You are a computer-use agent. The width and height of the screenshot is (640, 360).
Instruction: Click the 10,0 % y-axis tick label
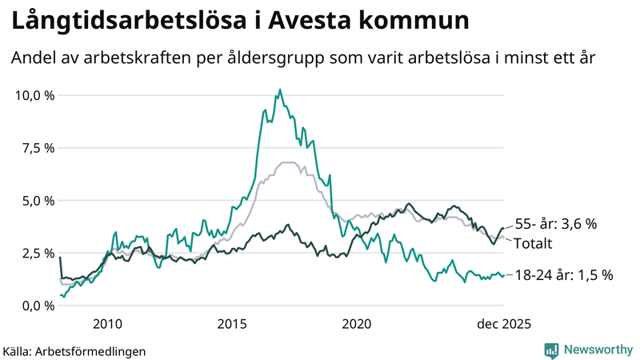[x=34, y=95]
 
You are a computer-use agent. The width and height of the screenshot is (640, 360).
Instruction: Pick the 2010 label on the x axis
[x=107, y=324]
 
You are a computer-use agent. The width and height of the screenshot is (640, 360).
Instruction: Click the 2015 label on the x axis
[x=232, y=324]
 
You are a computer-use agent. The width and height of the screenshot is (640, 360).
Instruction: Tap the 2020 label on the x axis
[x=357, y=324]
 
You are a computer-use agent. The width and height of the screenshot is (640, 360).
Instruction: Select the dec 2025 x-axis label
[x=504, y=324]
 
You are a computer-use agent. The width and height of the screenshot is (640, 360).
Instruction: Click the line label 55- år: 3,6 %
[x=556, y=225]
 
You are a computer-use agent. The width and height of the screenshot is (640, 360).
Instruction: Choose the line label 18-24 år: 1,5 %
[x=563, y=275]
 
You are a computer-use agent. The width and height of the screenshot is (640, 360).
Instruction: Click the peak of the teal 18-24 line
[x=279, y=90]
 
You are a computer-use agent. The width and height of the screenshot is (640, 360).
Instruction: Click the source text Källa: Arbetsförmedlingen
[x=74, y=350]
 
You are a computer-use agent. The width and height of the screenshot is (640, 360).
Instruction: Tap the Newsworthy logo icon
[x=551, y=350]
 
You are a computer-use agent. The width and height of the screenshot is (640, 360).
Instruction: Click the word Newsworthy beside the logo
[x=596, y=350]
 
